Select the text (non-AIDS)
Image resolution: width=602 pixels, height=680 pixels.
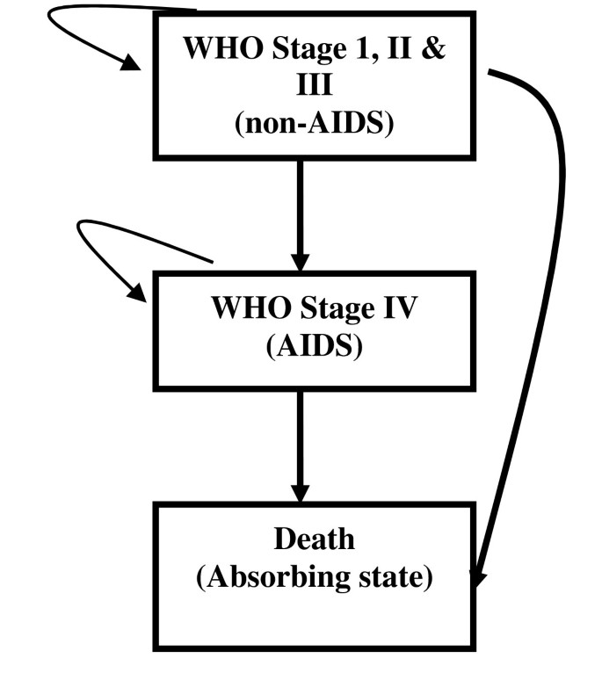(314, 124)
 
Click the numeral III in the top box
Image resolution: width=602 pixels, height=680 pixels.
(314, 85)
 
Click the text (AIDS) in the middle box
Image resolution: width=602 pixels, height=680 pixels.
(314, 345)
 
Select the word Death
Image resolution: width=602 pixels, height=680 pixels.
(314, 538)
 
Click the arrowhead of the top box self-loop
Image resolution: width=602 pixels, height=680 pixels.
(132, 62)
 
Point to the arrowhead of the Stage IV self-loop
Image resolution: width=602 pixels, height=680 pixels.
(138, 293)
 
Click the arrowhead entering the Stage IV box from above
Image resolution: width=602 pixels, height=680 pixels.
(301, 262)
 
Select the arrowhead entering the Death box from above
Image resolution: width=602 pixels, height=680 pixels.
(301, 493)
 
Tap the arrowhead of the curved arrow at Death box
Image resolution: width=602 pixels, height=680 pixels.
(477, 577)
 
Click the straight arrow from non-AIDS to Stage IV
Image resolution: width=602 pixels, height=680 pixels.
(301, 211)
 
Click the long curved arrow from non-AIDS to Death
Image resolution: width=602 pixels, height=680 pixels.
(552, 264)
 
